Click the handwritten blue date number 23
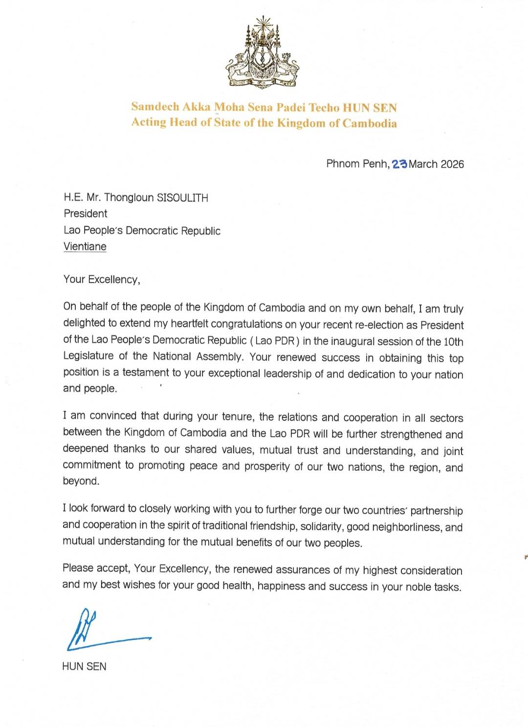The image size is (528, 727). pyautogui.click(x=399, y=164)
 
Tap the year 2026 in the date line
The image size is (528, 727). pyautogui.click(x=452, y=164)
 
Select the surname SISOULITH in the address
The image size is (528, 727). pyautogui.click(x=182, y=198)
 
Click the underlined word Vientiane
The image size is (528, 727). pyautogui.click(x=85, y=246)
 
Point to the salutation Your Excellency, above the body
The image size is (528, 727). pyautogui.click(x=102, y=280)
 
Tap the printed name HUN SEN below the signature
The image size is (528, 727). pyautogui.click(x=84, y=666)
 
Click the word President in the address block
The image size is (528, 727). pyautogui.click(x=86, y=214)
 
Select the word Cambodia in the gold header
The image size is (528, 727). pyautogui.click(x=370, y=123)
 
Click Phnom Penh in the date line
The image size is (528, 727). pyautogui.click(x=357, y=164)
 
